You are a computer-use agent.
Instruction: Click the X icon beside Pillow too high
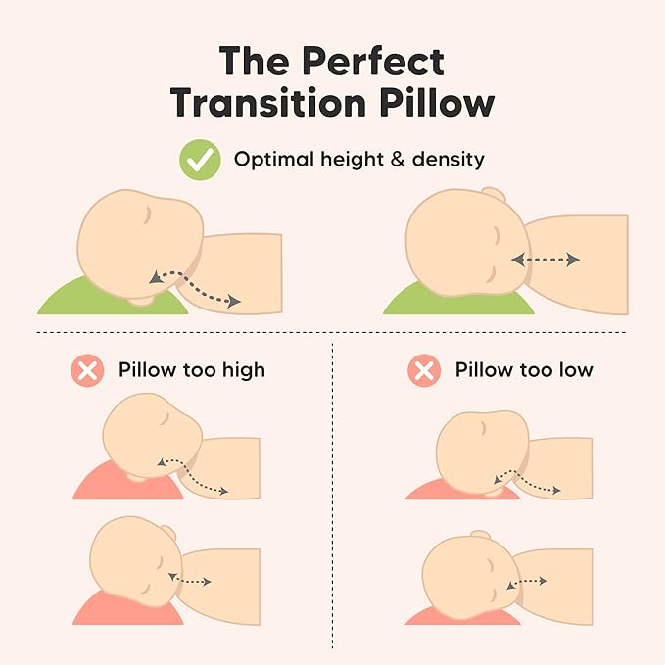click(87, 371)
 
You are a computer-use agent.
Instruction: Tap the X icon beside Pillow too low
click(423, 371)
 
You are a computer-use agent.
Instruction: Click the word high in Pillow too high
click(239, 371)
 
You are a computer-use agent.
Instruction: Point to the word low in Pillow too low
click(572, 371)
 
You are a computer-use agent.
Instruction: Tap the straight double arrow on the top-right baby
click(546, 260)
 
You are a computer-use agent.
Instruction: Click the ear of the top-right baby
click(496, 196)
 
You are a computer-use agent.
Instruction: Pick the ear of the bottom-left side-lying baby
click(168, 534)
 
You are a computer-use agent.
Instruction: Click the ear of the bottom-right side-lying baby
click(480, 537)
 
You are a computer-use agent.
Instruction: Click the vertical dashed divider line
click(333, 490)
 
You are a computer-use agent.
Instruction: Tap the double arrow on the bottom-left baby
click(191, 579)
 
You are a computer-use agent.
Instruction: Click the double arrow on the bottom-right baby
click(529, 582)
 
